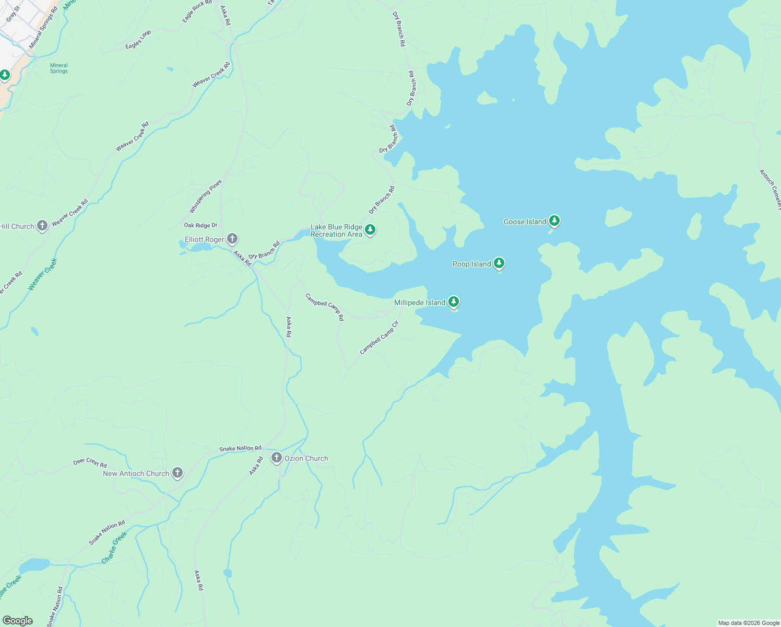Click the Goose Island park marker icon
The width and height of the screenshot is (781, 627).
(x=554, y=221)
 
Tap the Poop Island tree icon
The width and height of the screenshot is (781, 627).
(x=499, y=263)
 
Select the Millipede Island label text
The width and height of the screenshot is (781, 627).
(x=419, y=303)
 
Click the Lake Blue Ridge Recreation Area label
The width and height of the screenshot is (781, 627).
(x=336, y=230)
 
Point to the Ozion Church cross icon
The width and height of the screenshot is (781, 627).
(x=277, y=458)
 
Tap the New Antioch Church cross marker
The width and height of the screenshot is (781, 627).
(x=177, y=473)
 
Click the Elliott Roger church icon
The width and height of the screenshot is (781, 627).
(x=232, y=239)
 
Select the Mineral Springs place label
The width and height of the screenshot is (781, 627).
(x=59, y=68)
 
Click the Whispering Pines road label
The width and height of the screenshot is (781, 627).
(x=206, y=196)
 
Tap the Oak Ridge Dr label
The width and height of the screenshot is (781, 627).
(x=200, y=225)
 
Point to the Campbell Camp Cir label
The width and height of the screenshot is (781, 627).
(x=379, y=338)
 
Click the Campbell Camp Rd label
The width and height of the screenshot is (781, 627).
(x=325, y=307)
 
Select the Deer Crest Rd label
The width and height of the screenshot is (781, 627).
(x=90, y=463)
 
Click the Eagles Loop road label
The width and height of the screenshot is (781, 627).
(x=138, y=40)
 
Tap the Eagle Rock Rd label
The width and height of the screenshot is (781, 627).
(x=197, y=11)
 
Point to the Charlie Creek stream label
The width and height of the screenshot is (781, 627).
(x=114, y=548)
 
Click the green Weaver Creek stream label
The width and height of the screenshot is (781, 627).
(x=42, y=274)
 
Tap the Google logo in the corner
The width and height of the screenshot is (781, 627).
(x=18, y=620)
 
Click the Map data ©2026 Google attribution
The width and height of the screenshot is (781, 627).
(x=748, y=623)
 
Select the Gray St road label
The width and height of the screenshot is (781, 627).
(x=13, y=14)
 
